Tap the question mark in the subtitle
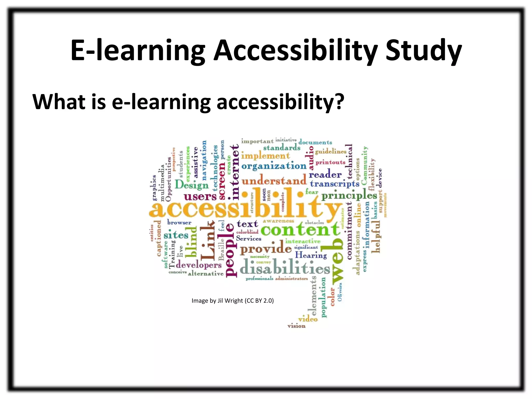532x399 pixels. [339, 101]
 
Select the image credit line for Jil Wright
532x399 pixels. [232, 301]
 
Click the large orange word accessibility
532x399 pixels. [244, 207]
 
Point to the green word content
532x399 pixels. [300, 229]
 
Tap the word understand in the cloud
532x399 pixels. [274, 181]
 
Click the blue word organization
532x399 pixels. [274, 166]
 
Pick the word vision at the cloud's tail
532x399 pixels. [296, 326]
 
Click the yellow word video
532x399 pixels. [308, 319]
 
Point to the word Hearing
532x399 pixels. [311, 255]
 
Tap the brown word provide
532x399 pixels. [266, 249]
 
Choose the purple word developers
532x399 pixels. [199, 265]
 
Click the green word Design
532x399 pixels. [192, 185]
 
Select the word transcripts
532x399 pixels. [335, 184]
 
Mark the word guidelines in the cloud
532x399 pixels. [331, 151]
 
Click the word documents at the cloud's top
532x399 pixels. [315, 142]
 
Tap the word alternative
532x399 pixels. [206, 274]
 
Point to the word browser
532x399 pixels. [179, 222]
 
